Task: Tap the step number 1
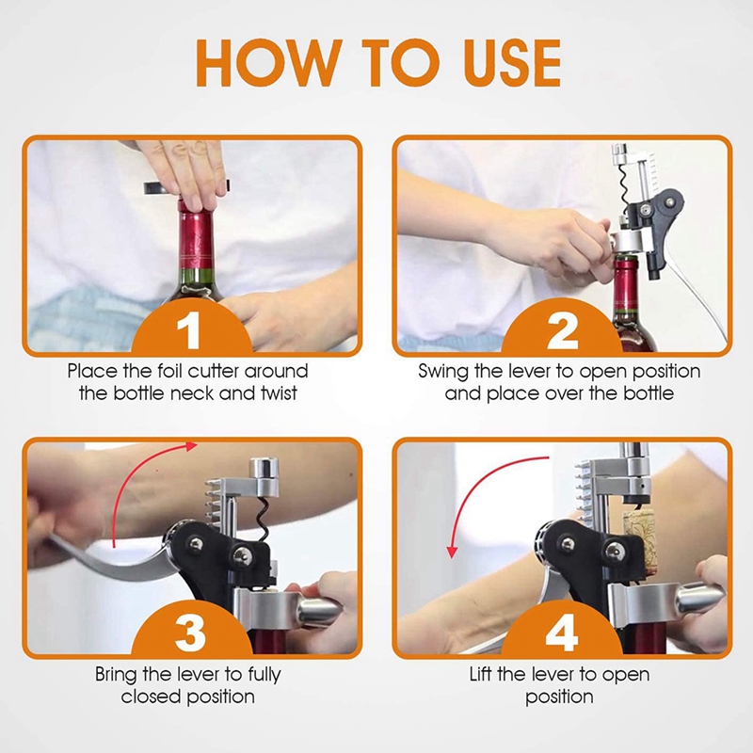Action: (190, 331)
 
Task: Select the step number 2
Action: (562, 331)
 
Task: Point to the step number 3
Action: (190, 633)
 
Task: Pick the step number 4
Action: (562, 633)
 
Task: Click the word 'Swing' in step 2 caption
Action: (445, 371)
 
